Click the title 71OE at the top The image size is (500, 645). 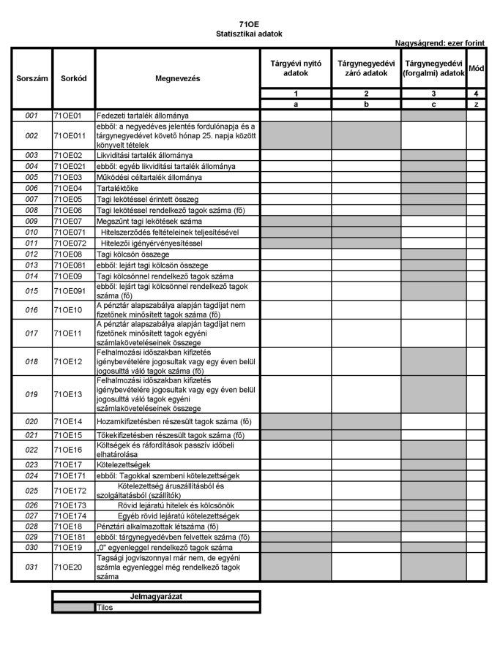(x=249, y=25)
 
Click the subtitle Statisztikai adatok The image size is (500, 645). (x=249, y=34)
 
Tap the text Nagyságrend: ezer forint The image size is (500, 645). (x=440, y=44)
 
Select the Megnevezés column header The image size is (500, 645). (x=177, y=77)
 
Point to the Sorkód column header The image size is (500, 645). (x=73, y=77)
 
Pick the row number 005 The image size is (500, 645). (x=31, y=178)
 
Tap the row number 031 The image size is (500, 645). (x=31, y=567)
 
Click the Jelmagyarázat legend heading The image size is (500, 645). (x=156, y=597)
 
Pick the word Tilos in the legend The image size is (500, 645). (x=105, y=607)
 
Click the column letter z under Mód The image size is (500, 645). (x=476, y=104)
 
